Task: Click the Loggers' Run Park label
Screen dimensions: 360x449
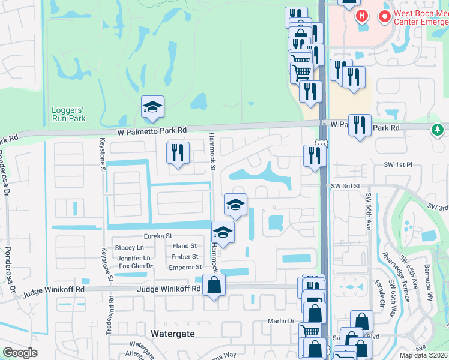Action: pos(68,114)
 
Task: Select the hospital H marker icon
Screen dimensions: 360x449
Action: pos(361,15)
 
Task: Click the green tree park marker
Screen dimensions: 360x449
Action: pos(438,129)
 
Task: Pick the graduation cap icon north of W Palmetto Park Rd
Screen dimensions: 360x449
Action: pos(152,107)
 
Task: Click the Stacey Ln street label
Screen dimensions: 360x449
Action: pos(130,247)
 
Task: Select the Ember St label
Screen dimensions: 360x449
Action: pos(185,257)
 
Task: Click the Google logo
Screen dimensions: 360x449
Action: pos(20,353)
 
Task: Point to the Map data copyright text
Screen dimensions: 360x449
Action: pos(423,355)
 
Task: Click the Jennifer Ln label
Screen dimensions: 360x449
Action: pos(130,257)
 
